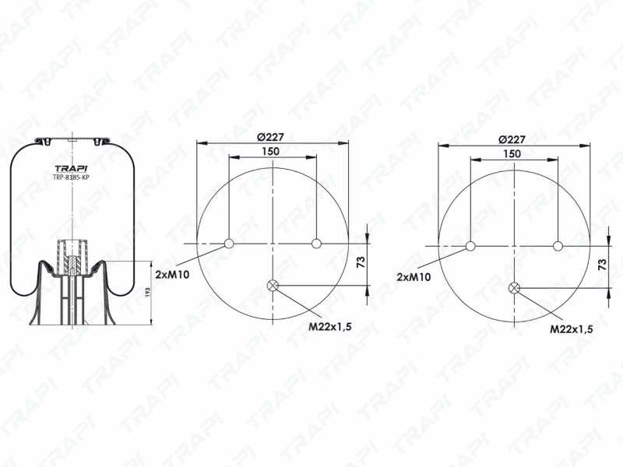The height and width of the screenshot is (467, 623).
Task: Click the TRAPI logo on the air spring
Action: [x=71, y=168]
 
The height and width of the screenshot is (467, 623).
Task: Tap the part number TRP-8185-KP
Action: [x=71, y=177]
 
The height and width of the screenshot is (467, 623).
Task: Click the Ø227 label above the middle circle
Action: [x=270, y=137]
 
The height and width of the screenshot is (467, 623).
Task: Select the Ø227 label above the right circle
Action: [x=512, y=139]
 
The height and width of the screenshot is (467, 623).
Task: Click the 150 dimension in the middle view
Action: [x=270, y=151]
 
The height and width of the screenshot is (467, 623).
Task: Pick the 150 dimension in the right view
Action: [x=512, y=153]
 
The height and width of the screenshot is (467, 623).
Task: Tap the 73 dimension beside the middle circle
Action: [x=361, y=262]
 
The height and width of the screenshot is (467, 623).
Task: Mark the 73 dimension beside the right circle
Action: [x=602, y=265]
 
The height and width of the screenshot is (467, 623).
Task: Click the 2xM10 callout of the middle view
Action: [x=172, y=274]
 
